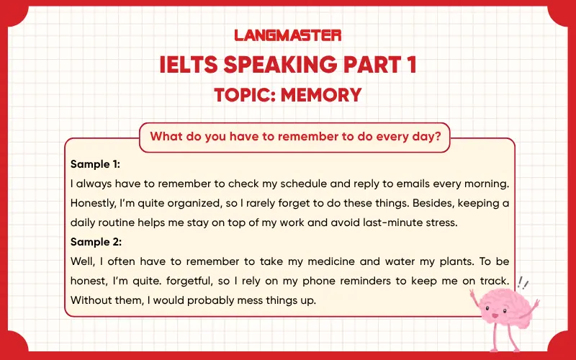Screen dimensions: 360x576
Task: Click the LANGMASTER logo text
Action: click(288, 34)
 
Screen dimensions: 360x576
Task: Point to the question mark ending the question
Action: click(437, 136)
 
